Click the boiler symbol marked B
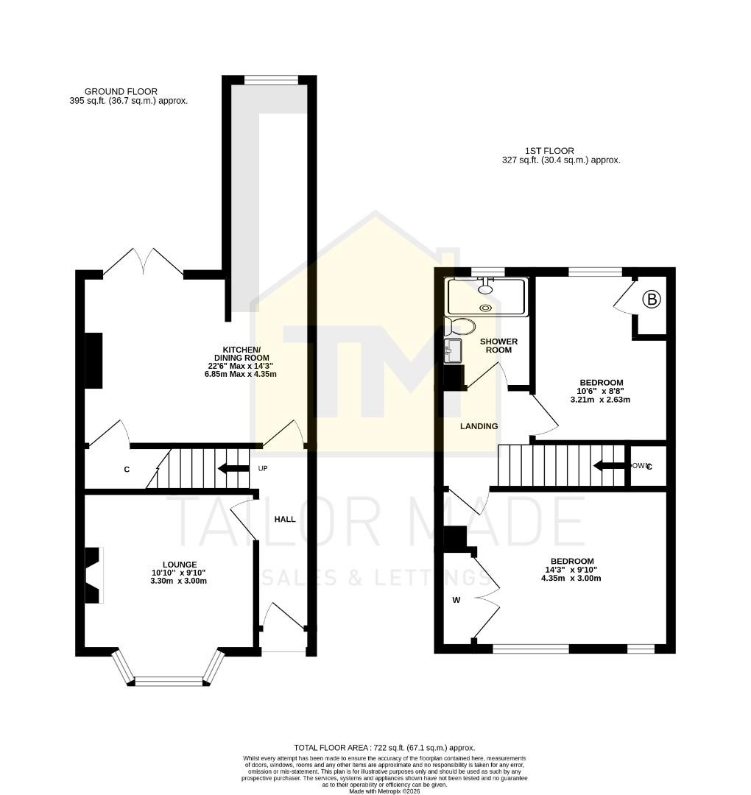[x=651, y=300]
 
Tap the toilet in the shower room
[x=461, y=326]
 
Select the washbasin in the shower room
[x=453, y=350]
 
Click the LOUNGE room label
[x=175, y=565]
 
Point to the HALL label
[x=285, y=519]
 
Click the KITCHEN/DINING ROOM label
[x=241, y=354]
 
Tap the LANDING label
[x=479, y=426]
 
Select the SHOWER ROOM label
[x=498, y=345]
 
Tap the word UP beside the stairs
[x=262, y=468]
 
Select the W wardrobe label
[x=456, y=600]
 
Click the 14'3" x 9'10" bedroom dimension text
[x=571, y=573]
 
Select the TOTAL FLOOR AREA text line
[x=384, y=747]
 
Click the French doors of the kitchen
[x=144, y=263]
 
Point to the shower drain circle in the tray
[x=485, y=308]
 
